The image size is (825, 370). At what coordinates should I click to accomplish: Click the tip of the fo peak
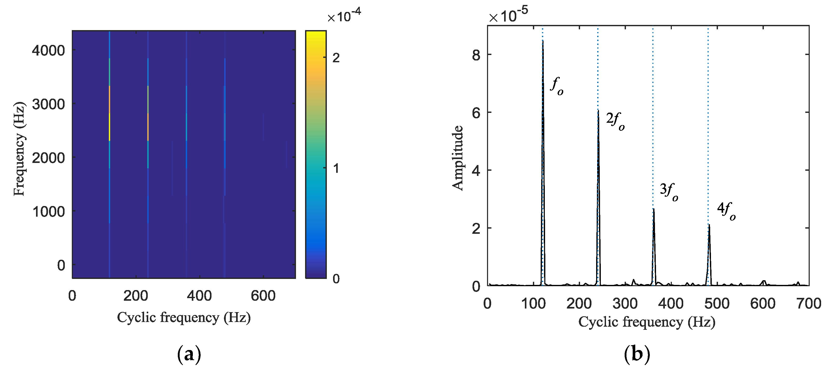543,41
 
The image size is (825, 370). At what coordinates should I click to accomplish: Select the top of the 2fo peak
598,111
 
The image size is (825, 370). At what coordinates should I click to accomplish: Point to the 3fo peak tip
653,209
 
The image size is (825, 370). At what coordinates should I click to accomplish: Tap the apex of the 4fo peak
709,224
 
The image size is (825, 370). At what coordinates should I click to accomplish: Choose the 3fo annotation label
669,191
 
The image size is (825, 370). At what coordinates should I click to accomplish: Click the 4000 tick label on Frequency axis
48,51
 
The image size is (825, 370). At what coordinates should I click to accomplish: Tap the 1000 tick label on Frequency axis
48,212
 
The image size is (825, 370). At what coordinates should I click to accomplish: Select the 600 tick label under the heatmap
263,296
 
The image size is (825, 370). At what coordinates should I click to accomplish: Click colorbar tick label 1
336,168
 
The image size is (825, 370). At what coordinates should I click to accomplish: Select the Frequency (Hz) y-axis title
19,149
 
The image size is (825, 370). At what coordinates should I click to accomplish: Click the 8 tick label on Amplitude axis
476,55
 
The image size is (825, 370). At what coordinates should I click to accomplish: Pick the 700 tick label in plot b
809,303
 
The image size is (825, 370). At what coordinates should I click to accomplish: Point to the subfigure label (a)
189,354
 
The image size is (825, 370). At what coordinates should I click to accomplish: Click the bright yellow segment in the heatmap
110,127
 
